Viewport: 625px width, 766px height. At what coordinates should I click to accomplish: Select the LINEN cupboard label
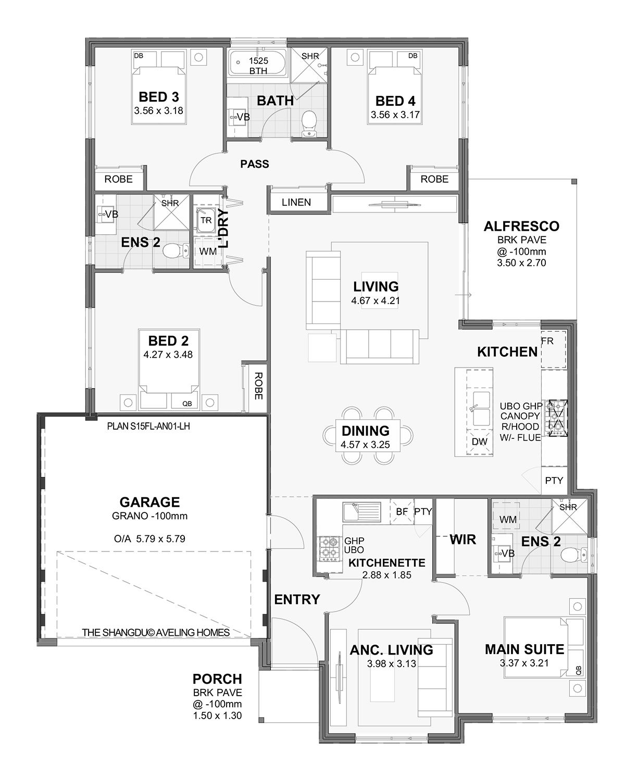[296, 202]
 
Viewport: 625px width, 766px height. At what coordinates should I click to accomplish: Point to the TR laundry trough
[206, 221]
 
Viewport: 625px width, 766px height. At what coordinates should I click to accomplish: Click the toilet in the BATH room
[309, 121]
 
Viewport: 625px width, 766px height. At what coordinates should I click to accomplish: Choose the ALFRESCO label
[521, 227]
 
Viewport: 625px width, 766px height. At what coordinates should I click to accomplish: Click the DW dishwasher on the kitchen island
[479, 442]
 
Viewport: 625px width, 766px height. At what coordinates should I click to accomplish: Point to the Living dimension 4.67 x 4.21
[376, 300]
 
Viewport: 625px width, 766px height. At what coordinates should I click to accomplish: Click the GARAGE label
[149, 502]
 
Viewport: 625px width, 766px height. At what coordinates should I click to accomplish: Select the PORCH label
[217, 679]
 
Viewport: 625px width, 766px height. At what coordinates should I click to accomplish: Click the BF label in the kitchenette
[402, 511]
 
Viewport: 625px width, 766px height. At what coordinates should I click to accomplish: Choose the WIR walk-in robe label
[463, 539]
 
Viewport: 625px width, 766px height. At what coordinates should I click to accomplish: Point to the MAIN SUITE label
[524, 649]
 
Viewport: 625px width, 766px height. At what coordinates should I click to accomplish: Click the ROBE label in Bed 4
[434, 179]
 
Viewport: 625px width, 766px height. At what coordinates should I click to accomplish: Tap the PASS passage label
[255, 164]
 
